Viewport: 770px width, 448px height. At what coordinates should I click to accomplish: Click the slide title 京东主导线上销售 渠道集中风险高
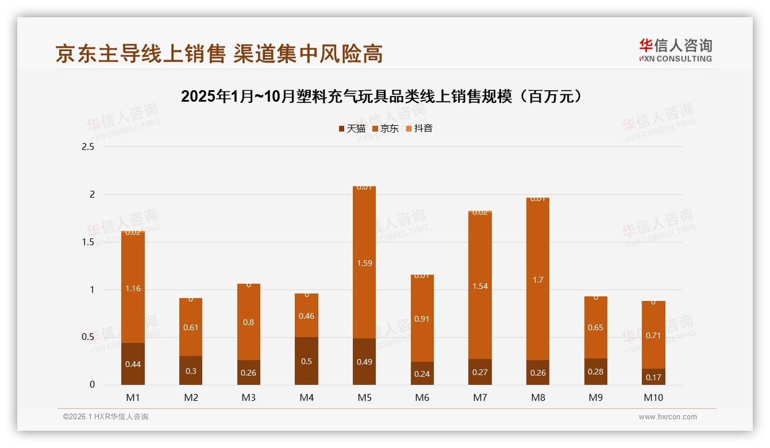coord(219,53)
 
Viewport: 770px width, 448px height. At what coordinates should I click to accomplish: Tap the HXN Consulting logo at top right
coord(675,50)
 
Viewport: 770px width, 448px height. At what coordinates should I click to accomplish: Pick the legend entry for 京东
coord(385,129)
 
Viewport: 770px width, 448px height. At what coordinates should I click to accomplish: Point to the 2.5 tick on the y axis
coord(88,147)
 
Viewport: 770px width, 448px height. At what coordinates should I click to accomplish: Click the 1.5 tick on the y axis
coord(88,242)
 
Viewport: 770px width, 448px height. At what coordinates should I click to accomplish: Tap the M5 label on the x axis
coord(364,397)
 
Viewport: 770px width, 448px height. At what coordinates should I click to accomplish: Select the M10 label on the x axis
coord(653,397)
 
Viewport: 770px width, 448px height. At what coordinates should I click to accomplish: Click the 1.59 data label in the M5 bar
coord(364,263)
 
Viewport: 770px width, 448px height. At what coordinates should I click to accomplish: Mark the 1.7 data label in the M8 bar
coord(538,280)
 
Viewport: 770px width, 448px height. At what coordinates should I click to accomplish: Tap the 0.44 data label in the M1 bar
coord(133,364)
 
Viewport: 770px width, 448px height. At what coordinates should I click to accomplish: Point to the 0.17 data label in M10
coord(653,377)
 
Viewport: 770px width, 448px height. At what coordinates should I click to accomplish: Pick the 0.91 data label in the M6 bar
coord(422,319)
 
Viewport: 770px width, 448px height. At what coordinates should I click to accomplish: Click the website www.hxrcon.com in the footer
coord(668,417)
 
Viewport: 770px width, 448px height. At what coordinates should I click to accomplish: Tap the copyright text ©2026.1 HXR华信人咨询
coord(106,417)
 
